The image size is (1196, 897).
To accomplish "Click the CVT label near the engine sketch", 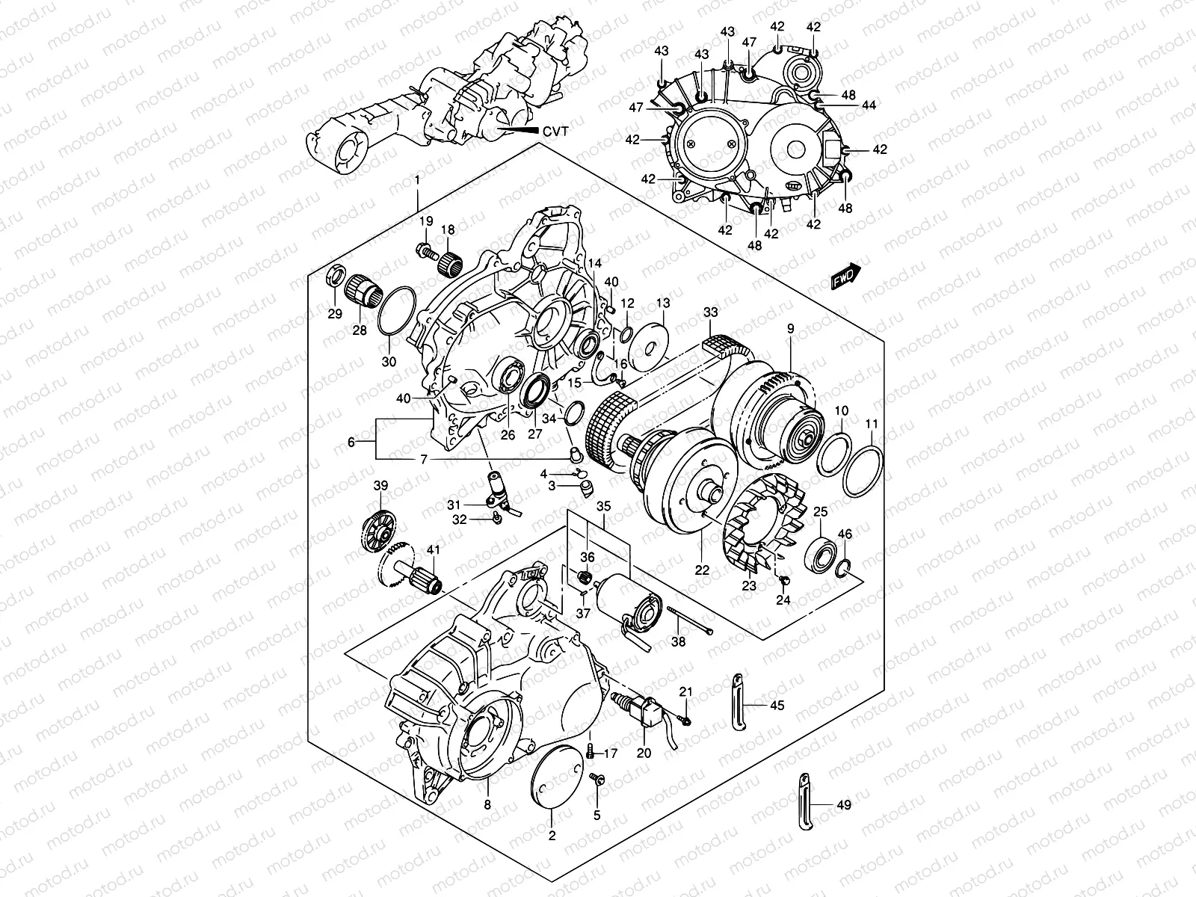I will (555, 131).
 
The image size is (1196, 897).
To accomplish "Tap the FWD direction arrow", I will (845, 277).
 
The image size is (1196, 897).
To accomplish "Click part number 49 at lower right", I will (843, 805).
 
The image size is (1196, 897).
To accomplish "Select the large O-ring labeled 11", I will (862, 472).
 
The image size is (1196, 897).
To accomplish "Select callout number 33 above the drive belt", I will (710, 312).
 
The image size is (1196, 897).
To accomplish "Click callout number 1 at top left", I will (417, 181).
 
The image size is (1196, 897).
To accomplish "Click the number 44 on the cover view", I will (868, 106).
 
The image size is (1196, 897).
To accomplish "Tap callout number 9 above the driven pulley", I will (791, 328).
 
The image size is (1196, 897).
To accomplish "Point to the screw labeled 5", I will (597, 781).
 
